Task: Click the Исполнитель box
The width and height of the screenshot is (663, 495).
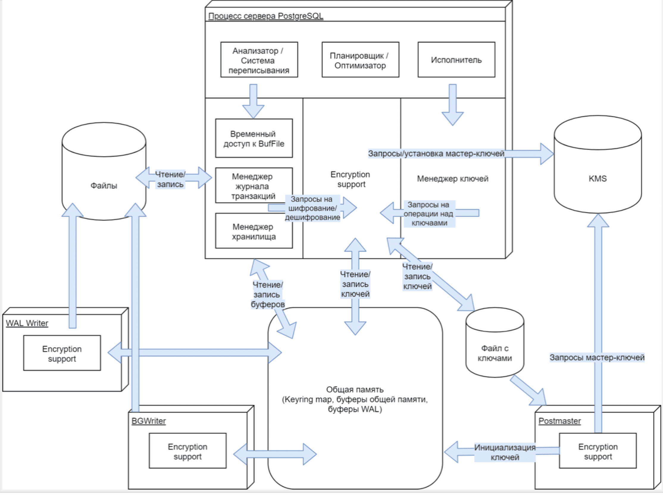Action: coord(456,59)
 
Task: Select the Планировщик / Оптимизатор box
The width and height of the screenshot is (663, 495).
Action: coord(360,60)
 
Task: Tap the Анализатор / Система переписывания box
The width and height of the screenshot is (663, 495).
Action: coord(259,60)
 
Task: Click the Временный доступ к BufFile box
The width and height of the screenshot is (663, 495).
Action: coord(254,138)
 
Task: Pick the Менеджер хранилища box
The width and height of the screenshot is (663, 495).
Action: coord(254,231)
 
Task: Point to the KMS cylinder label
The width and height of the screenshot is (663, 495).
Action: coord(597,178)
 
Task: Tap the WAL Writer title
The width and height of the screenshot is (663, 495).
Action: coord(27,323)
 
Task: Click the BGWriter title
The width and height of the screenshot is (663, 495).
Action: coord(149,421)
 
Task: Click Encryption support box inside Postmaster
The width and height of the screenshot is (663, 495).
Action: coord(598,451)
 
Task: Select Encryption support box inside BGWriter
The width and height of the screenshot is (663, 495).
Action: coord(188,451)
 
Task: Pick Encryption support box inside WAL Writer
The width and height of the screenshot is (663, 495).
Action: coord(62,354)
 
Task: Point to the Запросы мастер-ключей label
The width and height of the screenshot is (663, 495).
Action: coord(597,358)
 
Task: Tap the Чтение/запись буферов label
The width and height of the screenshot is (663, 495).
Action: coord(267,295)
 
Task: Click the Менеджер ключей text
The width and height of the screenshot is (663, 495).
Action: coord(453,179)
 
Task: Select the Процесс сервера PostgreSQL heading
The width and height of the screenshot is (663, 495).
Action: coord(265,16)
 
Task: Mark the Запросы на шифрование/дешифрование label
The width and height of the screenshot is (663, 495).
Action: coord(312,208)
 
